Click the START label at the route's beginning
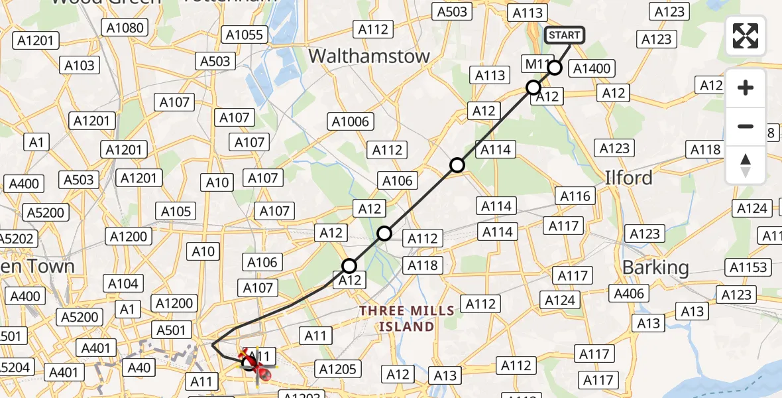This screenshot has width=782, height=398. tap(564, 35)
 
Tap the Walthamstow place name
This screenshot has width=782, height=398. tap(369, 56)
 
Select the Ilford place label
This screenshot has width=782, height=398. tap(628, 178)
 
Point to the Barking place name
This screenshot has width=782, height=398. tap(655, 267)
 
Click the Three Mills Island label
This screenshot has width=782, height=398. tap(407, 318)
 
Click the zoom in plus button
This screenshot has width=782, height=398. tap(746, 88)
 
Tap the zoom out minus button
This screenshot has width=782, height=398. tap(746, 126)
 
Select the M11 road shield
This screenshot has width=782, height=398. tap(536, 64)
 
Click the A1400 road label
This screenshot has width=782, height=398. tap(592, 68)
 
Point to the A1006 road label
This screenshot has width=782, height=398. tap(351, 121)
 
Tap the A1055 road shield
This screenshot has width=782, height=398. tap(245, 34)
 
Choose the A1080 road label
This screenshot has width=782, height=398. tap(125, 27)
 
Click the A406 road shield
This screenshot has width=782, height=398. tap(629, 293)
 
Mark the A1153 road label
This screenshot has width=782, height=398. tap(750, 267)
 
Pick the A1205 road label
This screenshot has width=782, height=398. tap(338, 369)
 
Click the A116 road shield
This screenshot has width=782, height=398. tap(575, 196)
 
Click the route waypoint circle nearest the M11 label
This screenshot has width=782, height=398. tap(555, 68)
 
